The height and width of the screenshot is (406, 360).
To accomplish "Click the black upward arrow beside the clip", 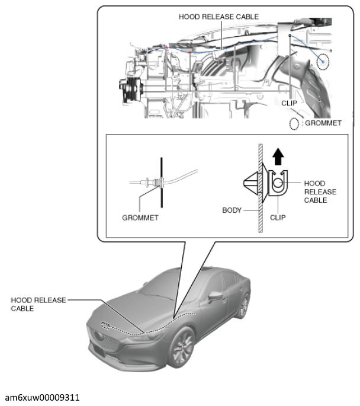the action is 278,156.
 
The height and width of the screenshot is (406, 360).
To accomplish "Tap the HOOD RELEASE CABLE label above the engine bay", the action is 218,17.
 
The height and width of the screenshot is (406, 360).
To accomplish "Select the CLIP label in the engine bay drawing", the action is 289,103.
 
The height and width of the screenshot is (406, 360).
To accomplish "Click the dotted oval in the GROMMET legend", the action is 294,123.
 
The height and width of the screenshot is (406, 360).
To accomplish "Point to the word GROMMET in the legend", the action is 323,123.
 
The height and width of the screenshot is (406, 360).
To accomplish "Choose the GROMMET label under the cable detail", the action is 140,218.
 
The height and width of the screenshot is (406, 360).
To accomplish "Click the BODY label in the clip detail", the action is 232,210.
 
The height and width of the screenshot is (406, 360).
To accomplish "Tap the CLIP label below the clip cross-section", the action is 278,218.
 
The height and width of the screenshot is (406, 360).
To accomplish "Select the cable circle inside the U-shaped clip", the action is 278,183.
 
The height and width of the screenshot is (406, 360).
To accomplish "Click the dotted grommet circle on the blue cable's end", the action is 323,62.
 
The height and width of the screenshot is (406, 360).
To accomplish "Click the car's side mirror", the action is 216,296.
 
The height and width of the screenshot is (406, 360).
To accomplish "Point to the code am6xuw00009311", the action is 42,398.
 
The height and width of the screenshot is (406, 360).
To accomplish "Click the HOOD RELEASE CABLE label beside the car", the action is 38,304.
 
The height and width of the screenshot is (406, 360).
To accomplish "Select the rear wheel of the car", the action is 243,306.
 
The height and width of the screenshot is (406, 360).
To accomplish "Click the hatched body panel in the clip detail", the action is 261,188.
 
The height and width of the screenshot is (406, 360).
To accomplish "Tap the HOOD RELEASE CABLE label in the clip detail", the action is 320,191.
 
